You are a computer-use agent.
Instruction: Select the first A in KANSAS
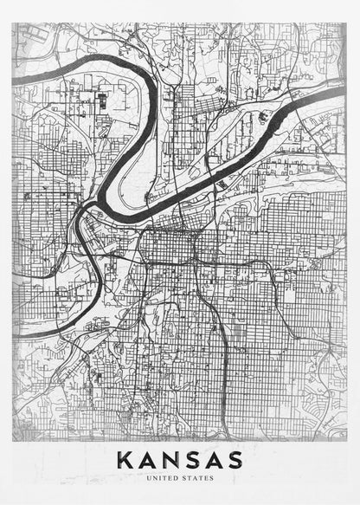[147, 459]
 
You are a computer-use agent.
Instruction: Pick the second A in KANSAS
[212, 459]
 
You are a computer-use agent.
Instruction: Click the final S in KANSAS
[234, 459]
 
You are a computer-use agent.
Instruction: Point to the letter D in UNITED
[176, 477]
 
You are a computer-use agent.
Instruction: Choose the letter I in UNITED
[162, 477]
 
